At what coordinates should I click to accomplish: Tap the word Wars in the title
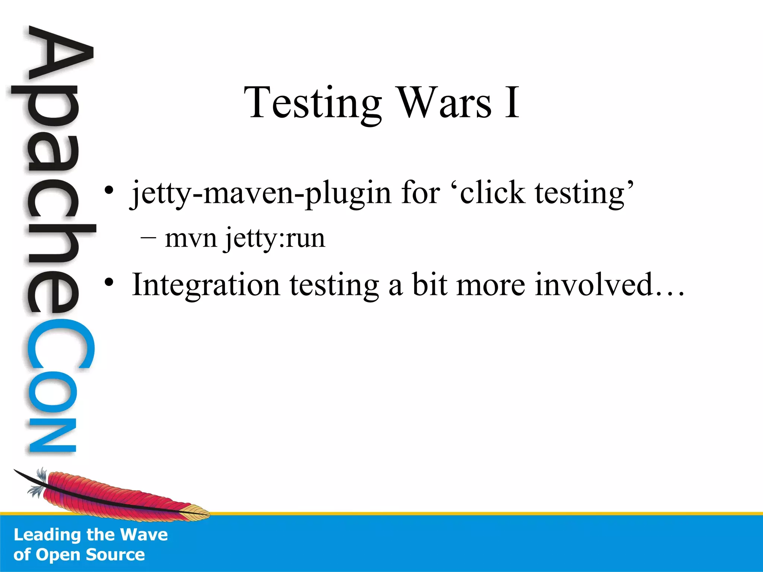click(x=445, y=102)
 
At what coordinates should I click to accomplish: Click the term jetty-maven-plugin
click(x=261, y=194)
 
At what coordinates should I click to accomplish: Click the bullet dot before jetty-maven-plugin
click(x=108, y=191)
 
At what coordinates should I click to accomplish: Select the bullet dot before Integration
click(x=108, y=283)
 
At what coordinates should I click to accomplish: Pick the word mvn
click(x=191, y=239)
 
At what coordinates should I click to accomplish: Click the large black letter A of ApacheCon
click(x=60, y=56)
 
